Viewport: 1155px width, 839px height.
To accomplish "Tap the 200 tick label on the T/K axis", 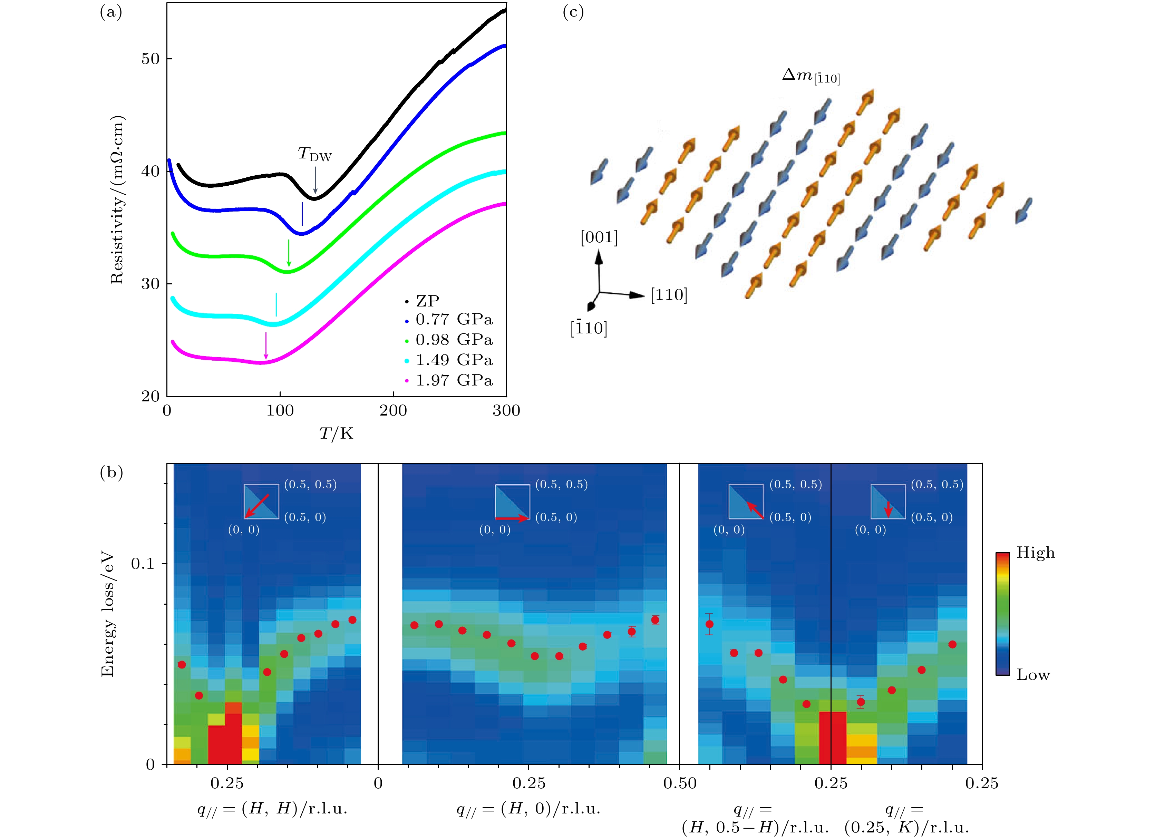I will tap(393, 411).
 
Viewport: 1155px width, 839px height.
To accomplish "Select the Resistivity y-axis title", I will tap(117, 199).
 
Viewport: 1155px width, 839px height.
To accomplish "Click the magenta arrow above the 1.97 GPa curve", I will tap(266, 346).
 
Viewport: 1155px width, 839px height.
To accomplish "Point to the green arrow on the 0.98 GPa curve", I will tap(289, 253).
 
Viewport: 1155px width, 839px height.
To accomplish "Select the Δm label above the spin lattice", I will tap(811, 76).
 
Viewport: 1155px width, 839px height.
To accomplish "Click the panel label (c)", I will tap(573, 12).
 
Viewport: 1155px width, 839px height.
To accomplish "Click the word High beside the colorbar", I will tap(1035, 553).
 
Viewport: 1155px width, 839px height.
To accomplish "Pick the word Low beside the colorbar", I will tap(1033, 675).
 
